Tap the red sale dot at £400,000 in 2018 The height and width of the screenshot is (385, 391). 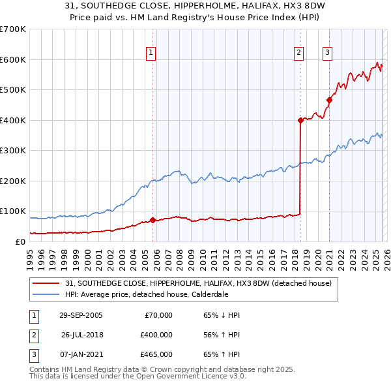[x=300, y=120]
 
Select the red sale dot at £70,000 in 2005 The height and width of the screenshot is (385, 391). [x=153, y=220]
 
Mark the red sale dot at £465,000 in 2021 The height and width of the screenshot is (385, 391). [x=329, y=100]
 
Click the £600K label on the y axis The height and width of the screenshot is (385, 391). [x=13, y=59]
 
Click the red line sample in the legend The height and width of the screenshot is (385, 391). [x=47, y=283]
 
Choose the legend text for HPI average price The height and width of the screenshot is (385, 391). [x=147, y=294]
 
